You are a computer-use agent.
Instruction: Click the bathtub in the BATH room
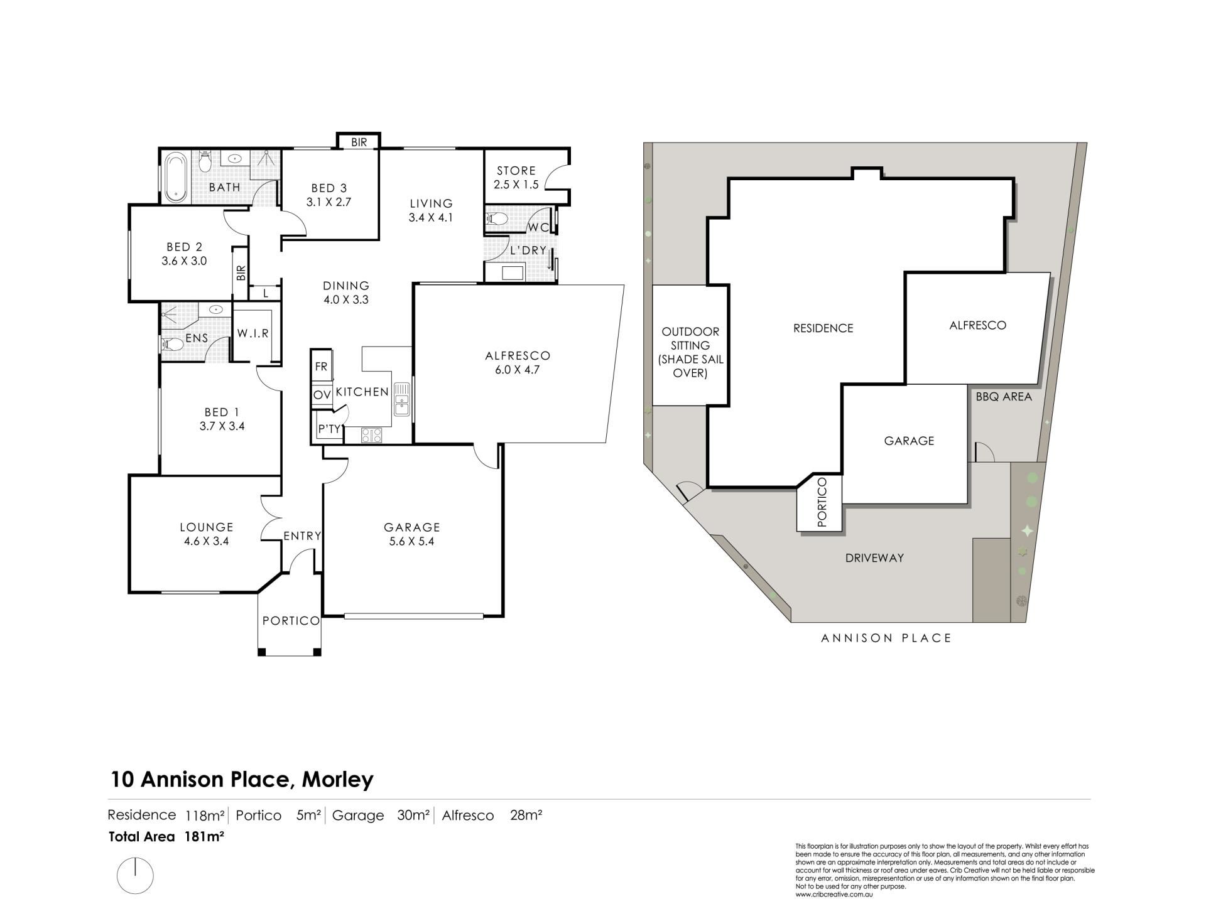pyautogui.click(x=175, y=177)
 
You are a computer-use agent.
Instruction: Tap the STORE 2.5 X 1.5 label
pyautogui.click(x=516, y=178)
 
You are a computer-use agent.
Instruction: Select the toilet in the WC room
pyautogui.click(x=497, y=219)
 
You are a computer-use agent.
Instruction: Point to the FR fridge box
pyautogui.click(x=321, y=367)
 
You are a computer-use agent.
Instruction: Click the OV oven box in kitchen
pyautogui.click(x=322, y=395)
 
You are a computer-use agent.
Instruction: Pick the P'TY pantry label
pyautogui.click(x=329, y=429)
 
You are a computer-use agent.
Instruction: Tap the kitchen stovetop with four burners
pyautogui.click(x=372, y=435)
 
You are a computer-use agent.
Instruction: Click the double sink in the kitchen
pyautogui.click(x=401, y=400)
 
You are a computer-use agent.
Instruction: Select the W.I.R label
pyautogui.click(x=253, y=333)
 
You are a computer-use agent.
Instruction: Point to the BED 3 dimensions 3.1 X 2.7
pyautogui.click(x=329, y=202)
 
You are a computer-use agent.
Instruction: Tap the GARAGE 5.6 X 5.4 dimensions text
pyautogui.click(x=412, y=541)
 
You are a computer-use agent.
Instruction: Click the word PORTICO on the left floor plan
pyautogui.click(x=291, y=620)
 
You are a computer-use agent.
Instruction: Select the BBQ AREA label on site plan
pyautogui.click(x=1004, y=397)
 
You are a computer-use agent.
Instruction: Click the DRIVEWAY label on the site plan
pyautogui.click(x=874, y=557)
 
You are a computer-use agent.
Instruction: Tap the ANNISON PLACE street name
pyautogui.click(x=886, y=638)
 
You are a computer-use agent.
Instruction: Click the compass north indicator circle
pyautogui.click(x=135, y=875)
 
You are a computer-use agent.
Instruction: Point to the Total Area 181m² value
pyautogui.click(x=205, y=836)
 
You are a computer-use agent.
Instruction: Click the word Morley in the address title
pyautogui.click(x=338, y=780)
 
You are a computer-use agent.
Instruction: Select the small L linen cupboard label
pyautogui.click(x=266, y=293)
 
